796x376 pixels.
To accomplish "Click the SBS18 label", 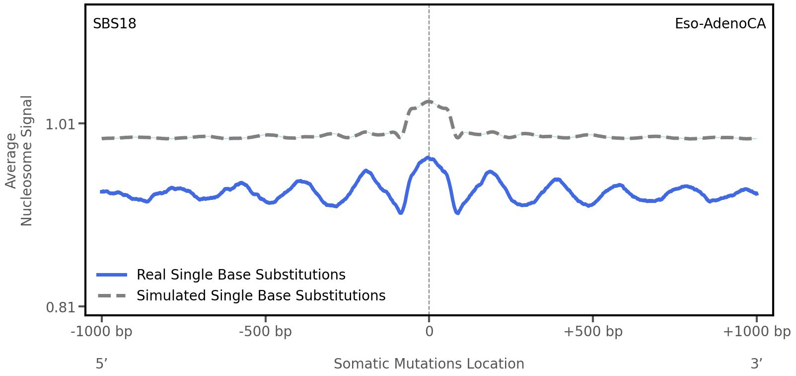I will tap(114, 24).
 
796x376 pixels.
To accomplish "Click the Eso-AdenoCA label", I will tap(720, 24).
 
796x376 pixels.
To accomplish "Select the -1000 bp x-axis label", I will tap(102, 332).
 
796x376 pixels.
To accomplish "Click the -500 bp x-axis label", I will tap(265, 332).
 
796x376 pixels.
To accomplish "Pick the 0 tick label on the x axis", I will tap(429, 332).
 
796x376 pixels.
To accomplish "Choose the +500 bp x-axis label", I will tap(592, 332).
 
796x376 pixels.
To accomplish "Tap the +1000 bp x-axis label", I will tap(756, 332).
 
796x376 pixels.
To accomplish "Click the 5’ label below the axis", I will tap(101, 364).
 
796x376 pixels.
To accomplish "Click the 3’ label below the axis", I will tap(756, 364).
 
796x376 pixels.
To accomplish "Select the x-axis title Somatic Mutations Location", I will tap(429, 364).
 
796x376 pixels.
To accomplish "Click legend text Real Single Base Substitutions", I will tap(241, 275).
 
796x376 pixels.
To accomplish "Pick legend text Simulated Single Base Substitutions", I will tap(261, 296).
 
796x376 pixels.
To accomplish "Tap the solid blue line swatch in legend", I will tap(112, 275).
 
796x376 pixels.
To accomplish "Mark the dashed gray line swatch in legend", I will tap(112, 296).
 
